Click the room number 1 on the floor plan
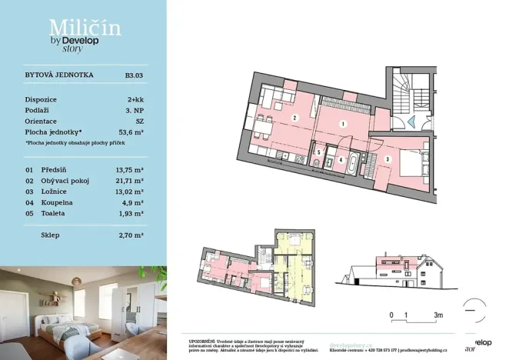coord(343,123)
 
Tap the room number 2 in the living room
coord(294,118)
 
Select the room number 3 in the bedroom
coord(388,158)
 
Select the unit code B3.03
coord(134,76)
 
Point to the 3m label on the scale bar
coord(437,315)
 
